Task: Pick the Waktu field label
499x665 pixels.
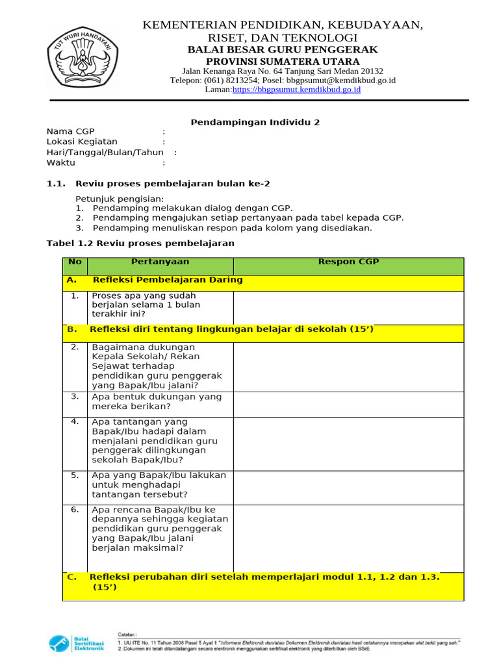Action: click(x=61, y=162)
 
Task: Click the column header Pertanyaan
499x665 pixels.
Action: click(x=160, y=262)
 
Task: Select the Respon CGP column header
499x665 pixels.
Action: click(x=348, y=262)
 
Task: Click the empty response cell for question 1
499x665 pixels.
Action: click(x=348, y=307)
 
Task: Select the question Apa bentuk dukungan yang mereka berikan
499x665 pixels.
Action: click(x=157, y=401)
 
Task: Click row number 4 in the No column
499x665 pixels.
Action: click(x=75, y=421)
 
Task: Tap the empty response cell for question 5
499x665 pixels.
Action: click(x=348, y=484)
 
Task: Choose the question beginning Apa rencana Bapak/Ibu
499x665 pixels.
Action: click(x=160, y=529)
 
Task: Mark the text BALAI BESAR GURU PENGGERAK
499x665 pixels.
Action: click(x=282, y=50)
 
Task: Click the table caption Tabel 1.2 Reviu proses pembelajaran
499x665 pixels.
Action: click(x=140, y=243)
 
